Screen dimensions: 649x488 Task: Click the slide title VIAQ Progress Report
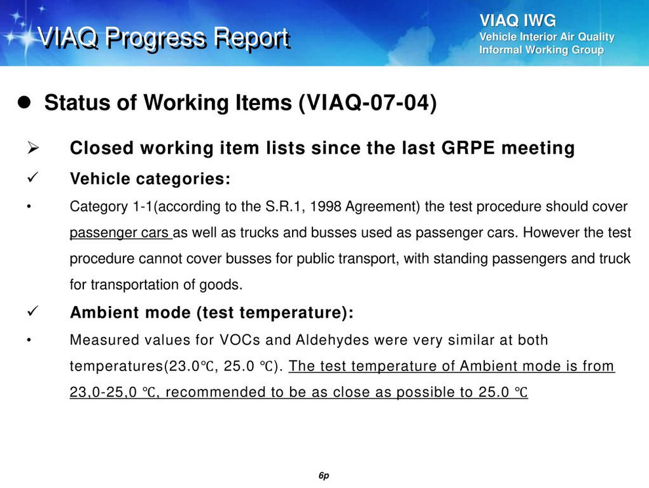click(x=163, y=38)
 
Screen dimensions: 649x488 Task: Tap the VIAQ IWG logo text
click(x=517, y=20)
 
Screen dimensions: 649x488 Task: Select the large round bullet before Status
click(x=24, y=102)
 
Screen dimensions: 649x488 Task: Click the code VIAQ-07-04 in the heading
click(x=367, y=102)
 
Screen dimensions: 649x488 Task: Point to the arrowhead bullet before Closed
click(x=33, y=148)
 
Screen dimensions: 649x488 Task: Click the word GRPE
click(x=468, y=148)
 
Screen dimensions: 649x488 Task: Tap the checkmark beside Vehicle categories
click(x=33, y=178)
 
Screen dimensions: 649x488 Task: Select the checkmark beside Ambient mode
click(x=33, y=311)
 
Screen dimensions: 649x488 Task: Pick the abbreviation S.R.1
click(x=282, y=206)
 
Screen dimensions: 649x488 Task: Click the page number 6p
click(x=324, y=476)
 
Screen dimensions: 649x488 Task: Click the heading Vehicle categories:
click(x=150, y=179)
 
